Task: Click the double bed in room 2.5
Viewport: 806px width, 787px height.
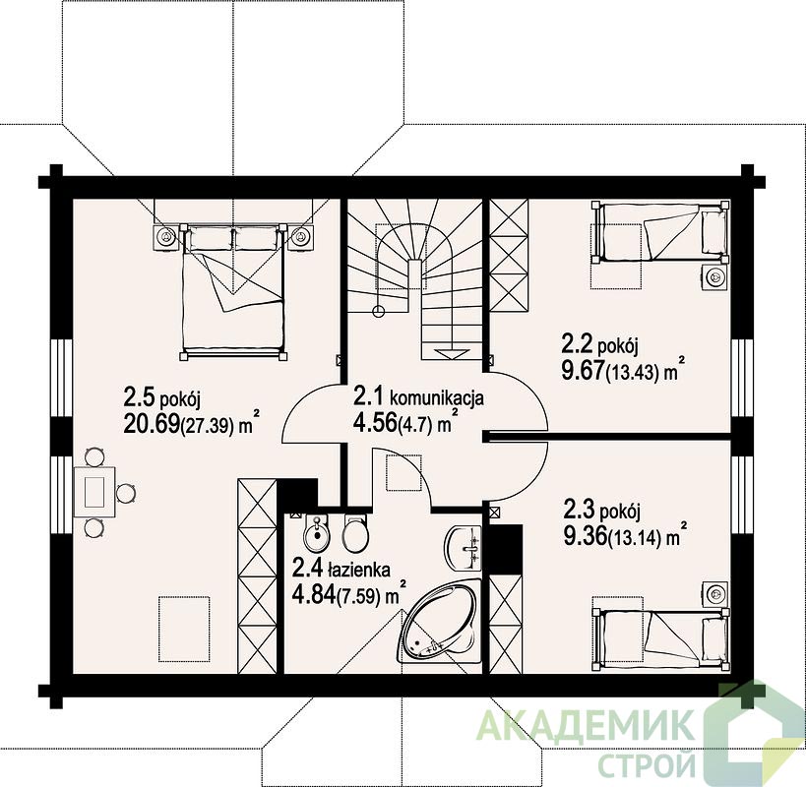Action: click(x=233, y=291)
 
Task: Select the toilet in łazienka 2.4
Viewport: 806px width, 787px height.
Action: click(x=355, y=534)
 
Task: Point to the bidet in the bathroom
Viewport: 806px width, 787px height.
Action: click(x=316, y=534)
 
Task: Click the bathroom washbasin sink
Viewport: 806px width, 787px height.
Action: click(x=464, y=549)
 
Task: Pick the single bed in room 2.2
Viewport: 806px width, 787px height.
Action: click(x=660, y=232)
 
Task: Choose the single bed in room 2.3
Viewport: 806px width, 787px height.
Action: click(x=660, y=638)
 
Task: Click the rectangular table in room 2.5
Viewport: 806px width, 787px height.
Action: click(x=95, y=492)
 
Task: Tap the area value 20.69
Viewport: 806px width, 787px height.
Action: click(x=153, y=423)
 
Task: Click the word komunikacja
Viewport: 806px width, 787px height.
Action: click(x=437, y=397)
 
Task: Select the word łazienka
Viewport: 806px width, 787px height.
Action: click(x=358, y=570)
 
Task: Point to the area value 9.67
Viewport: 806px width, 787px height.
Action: click(x=583, y=371)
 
